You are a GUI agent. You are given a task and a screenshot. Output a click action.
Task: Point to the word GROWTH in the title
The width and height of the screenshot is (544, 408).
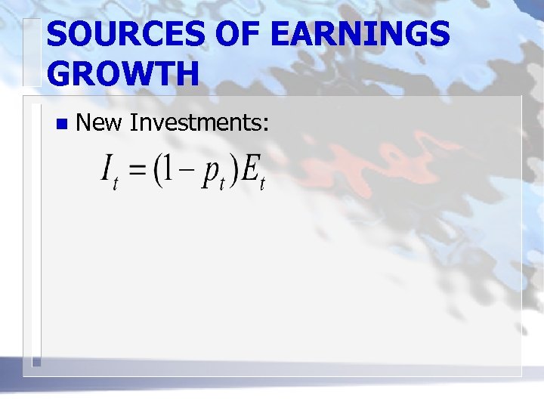[123, 75]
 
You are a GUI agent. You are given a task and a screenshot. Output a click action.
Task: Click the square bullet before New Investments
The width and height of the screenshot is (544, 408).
[60, 122]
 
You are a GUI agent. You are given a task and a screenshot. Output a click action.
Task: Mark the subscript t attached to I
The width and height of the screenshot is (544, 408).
[116, 184]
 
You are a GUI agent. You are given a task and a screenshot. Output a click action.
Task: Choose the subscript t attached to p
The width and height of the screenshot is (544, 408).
[222, 184]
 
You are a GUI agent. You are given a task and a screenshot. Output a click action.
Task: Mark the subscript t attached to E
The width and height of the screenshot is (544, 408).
[262, 184]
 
